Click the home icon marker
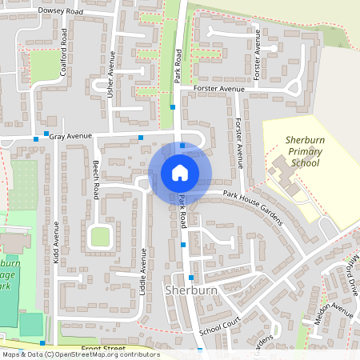(180, 172)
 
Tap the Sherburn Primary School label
(303, 151)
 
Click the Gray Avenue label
(71, 137)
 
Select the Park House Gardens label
(253, 208)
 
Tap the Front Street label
(103, 349)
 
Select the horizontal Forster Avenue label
(218, 89)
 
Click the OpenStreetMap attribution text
(80, 354)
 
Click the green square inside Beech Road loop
(100, 237)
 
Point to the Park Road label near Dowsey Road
(178, 64)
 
